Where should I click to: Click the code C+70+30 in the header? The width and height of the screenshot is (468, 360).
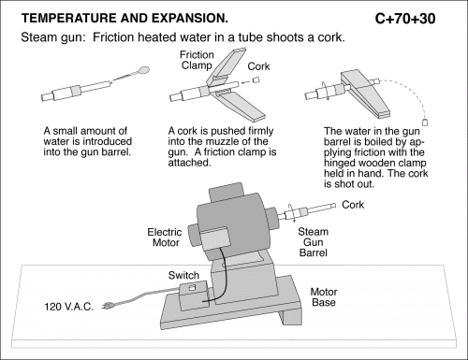pos(405,19)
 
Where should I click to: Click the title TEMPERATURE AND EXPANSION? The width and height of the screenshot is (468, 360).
pos(124,18)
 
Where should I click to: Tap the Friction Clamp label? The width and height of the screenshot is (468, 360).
pos(197,60)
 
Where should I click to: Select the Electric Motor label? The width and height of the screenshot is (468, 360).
pos(165,238)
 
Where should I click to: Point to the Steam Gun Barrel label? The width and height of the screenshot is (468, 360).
pos(313,242)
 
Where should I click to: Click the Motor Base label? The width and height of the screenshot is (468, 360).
pos(324,296)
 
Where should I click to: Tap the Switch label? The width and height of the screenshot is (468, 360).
pos(183,275)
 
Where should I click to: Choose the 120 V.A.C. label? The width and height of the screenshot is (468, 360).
pos(69,307)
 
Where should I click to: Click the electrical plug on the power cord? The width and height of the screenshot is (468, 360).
pos(108,306)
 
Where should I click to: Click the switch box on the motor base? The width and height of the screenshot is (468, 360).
pos(194,295)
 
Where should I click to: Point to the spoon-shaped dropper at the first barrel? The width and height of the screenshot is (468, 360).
pos(131,75)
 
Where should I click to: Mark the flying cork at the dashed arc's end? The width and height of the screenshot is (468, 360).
pos(425,122)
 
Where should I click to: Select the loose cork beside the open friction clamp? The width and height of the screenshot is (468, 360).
pos(256,79)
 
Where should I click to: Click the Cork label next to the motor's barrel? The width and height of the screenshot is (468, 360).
pos(353,205)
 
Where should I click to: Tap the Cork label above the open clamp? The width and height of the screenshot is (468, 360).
pos(258,66)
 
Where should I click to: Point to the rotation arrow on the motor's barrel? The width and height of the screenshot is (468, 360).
pos(291,213)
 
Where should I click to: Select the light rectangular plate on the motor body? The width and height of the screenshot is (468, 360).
pos(214,238)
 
